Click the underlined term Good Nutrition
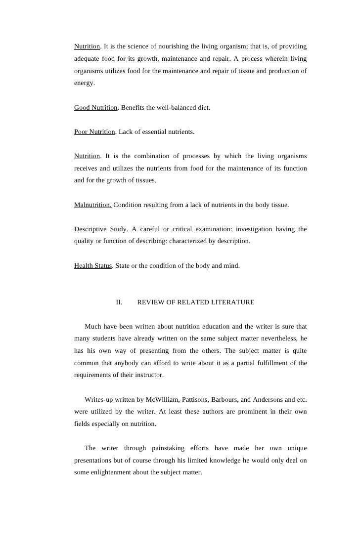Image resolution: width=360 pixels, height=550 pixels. pos(96,107)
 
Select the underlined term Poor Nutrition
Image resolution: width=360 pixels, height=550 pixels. pos(94,132)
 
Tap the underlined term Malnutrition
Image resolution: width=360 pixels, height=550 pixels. pos(92,205)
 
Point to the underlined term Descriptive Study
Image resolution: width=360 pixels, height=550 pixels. pos(100,229)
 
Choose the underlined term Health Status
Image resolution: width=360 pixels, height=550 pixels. pos(93,265)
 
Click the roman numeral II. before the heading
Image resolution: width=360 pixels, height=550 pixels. pos(119,302)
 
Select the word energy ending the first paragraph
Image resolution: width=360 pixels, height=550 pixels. pos(84,83)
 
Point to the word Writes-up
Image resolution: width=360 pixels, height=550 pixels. pos(100,399)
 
